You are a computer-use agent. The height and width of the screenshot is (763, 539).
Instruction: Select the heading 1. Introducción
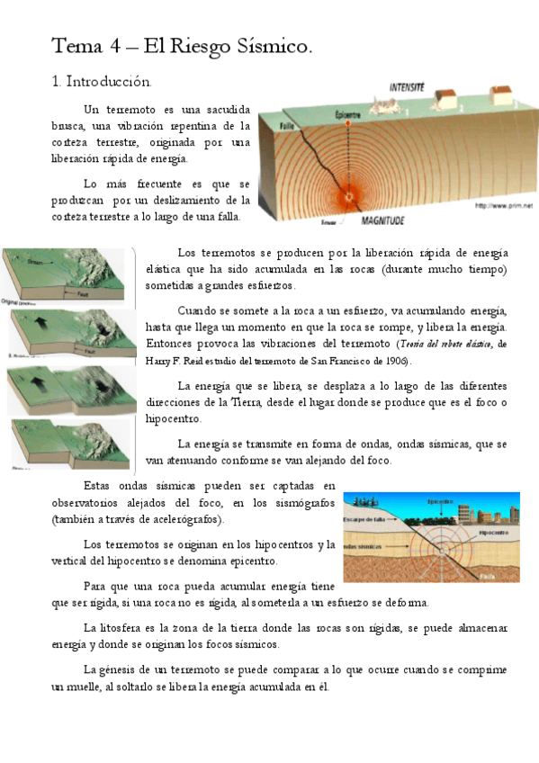click(101, 82)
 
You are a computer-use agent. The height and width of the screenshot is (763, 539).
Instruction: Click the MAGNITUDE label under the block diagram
click(382, 220)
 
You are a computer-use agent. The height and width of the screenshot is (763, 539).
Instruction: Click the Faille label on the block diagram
click(288, 126)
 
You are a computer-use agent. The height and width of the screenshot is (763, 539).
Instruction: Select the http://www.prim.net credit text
click(504, 206)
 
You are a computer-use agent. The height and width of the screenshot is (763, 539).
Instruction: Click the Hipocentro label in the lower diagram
click(493, 533)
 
